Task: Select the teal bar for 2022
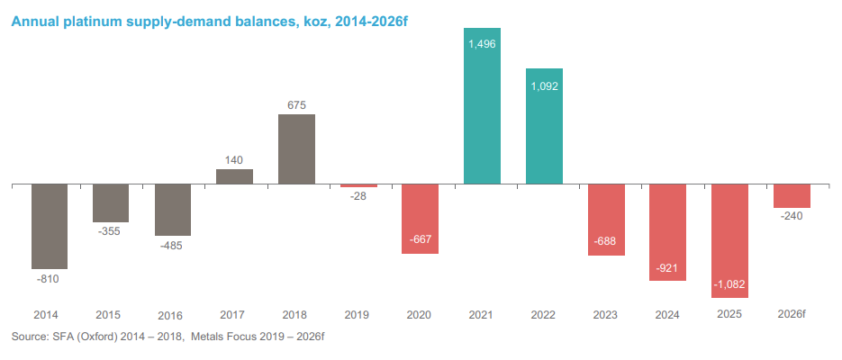tap(544, 126)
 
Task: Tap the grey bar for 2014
tap(50, 226)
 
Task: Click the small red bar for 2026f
tap(792, 196)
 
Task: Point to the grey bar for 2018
tap(296, 149)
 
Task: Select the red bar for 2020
tap(420, 219)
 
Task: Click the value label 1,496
tap(482, 41)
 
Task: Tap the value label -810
tap(50, 279)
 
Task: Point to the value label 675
tap(296, 104)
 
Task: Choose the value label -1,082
tap(729, 284)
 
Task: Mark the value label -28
tap(358, 197)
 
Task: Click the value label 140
tap(234, 159)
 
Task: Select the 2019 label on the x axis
tap(358, 315)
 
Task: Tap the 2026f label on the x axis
tap(792, 315)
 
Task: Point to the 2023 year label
tap(605, 315)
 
